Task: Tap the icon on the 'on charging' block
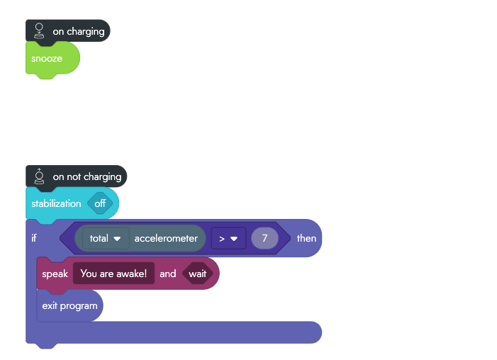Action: [40, 30]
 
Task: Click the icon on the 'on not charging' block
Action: [40, 176]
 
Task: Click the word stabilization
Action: [56, 203]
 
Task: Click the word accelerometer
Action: [166, 238]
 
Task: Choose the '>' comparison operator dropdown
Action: [228, 238]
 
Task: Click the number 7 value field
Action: [264, 238]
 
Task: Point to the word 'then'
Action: [306, 238]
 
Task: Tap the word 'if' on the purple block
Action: [34, 238]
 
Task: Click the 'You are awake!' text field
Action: [113, 274]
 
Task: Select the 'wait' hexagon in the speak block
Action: [198, 274]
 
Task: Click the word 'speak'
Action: [55, 274]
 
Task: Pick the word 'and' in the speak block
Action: [168, 274]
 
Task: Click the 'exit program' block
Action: [69, 306]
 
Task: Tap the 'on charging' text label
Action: [79, 31]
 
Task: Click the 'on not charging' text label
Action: [87, 176]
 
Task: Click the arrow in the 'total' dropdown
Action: [118, 239]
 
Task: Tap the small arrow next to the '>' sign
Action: [234, 239]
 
